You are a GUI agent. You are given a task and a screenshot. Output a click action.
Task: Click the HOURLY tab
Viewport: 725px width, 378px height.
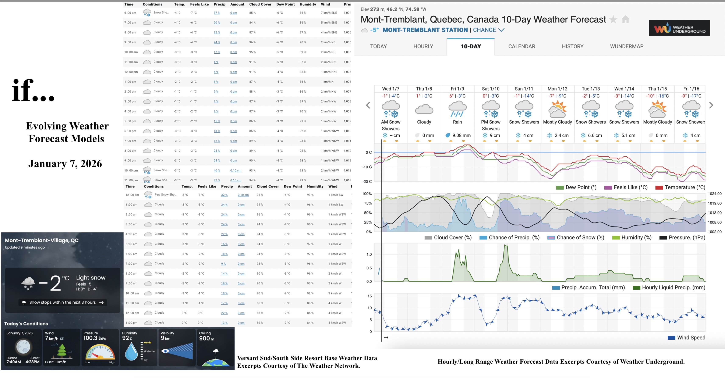(423, 46)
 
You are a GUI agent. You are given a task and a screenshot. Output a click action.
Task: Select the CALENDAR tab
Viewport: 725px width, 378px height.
(521, 46)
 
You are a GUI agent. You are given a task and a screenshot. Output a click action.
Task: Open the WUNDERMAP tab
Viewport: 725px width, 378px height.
(626, 46)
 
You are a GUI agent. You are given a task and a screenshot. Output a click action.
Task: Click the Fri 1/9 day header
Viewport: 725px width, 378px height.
(457, 89)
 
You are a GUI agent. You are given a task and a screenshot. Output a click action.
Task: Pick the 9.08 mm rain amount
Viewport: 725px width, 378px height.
(461, 135)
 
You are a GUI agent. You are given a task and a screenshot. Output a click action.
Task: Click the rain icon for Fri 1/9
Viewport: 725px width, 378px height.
(457, 110)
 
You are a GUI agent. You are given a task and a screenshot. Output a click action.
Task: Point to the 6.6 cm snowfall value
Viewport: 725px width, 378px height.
(595, 135)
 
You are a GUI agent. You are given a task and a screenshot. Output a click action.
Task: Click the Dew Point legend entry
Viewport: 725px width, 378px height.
(581, 188)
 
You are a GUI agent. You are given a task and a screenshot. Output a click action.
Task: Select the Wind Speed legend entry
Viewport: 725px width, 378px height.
(691, 338)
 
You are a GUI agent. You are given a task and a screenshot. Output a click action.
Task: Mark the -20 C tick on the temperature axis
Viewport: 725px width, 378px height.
(367, 181)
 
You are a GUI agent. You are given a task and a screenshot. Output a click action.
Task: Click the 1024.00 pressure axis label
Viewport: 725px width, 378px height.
(715, 193)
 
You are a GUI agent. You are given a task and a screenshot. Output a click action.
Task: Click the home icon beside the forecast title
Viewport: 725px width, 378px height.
(625, 19)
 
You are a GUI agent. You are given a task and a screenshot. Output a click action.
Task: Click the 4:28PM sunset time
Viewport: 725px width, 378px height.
(32, 362)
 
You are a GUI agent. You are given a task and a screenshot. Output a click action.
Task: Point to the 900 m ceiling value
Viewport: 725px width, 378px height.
(206, 338)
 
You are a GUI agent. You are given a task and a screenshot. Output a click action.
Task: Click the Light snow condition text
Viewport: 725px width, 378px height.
(91, 278)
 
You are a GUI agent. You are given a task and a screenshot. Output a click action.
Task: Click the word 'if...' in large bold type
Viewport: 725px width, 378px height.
(33, 90)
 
